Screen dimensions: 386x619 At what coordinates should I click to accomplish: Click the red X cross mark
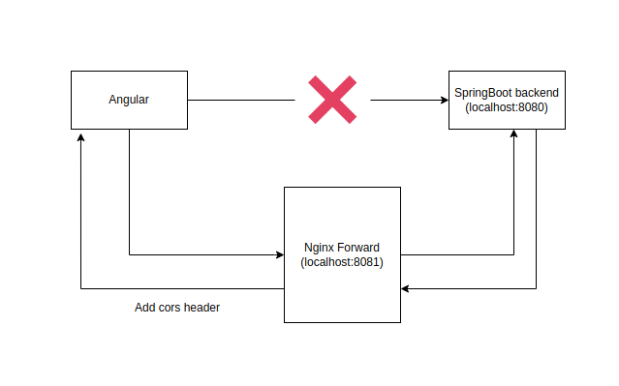331,100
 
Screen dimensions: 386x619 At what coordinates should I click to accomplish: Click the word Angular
129,100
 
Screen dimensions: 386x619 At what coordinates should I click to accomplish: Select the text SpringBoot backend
507,93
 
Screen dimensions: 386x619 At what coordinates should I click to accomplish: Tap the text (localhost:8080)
507,107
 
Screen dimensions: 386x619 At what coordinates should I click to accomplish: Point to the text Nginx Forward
342,247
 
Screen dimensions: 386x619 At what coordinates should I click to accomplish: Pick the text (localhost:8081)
342,261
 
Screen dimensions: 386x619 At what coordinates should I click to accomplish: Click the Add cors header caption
177,308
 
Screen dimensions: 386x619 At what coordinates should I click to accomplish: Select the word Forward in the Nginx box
360,247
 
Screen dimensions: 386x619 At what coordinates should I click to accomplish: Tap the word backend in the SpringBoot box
536,93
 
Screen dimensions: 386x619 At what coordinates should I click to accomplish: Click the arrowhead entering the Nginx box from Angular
278,255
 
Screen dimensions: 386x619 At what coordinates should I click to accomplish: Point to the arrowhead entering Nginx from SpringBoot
406,288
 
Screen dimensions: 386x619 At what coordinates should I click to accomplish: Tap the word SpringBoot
484,93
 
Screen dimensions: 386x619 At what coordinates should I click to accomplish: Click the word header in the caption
202,308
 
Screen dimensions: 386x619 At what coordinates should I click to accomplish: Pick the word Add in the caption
145,308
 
